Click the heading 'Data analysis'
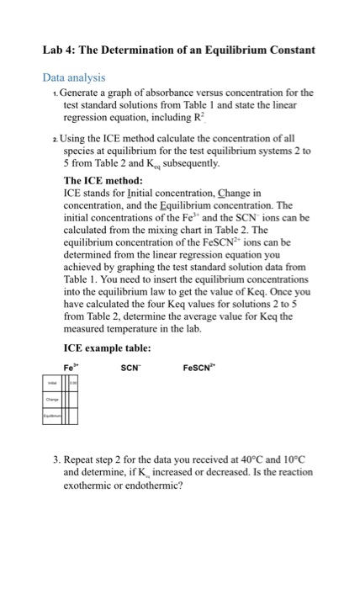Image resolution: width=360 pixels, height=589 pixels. tap(76, 77)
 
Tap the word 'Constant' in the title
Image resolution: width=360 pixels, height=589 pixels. tap(286, 50)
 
